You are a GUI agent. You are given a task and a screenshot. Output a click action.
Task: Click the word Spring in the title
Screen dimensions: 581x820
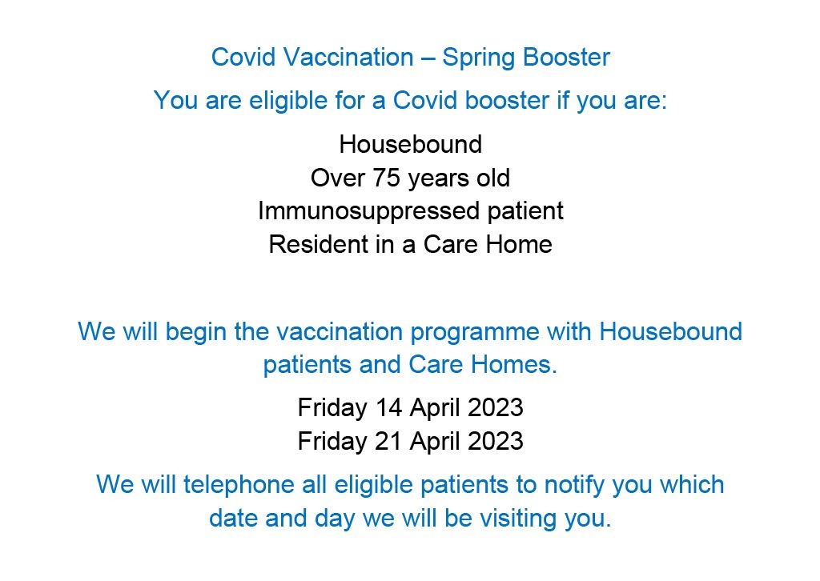(479, 58)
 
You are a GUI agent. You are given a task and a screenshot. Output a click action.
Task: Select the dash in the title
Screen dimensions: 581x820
(428, 58)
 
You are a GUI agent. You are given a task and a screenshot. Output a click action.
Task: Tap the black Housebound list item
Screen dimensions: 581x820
(410, 145)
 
